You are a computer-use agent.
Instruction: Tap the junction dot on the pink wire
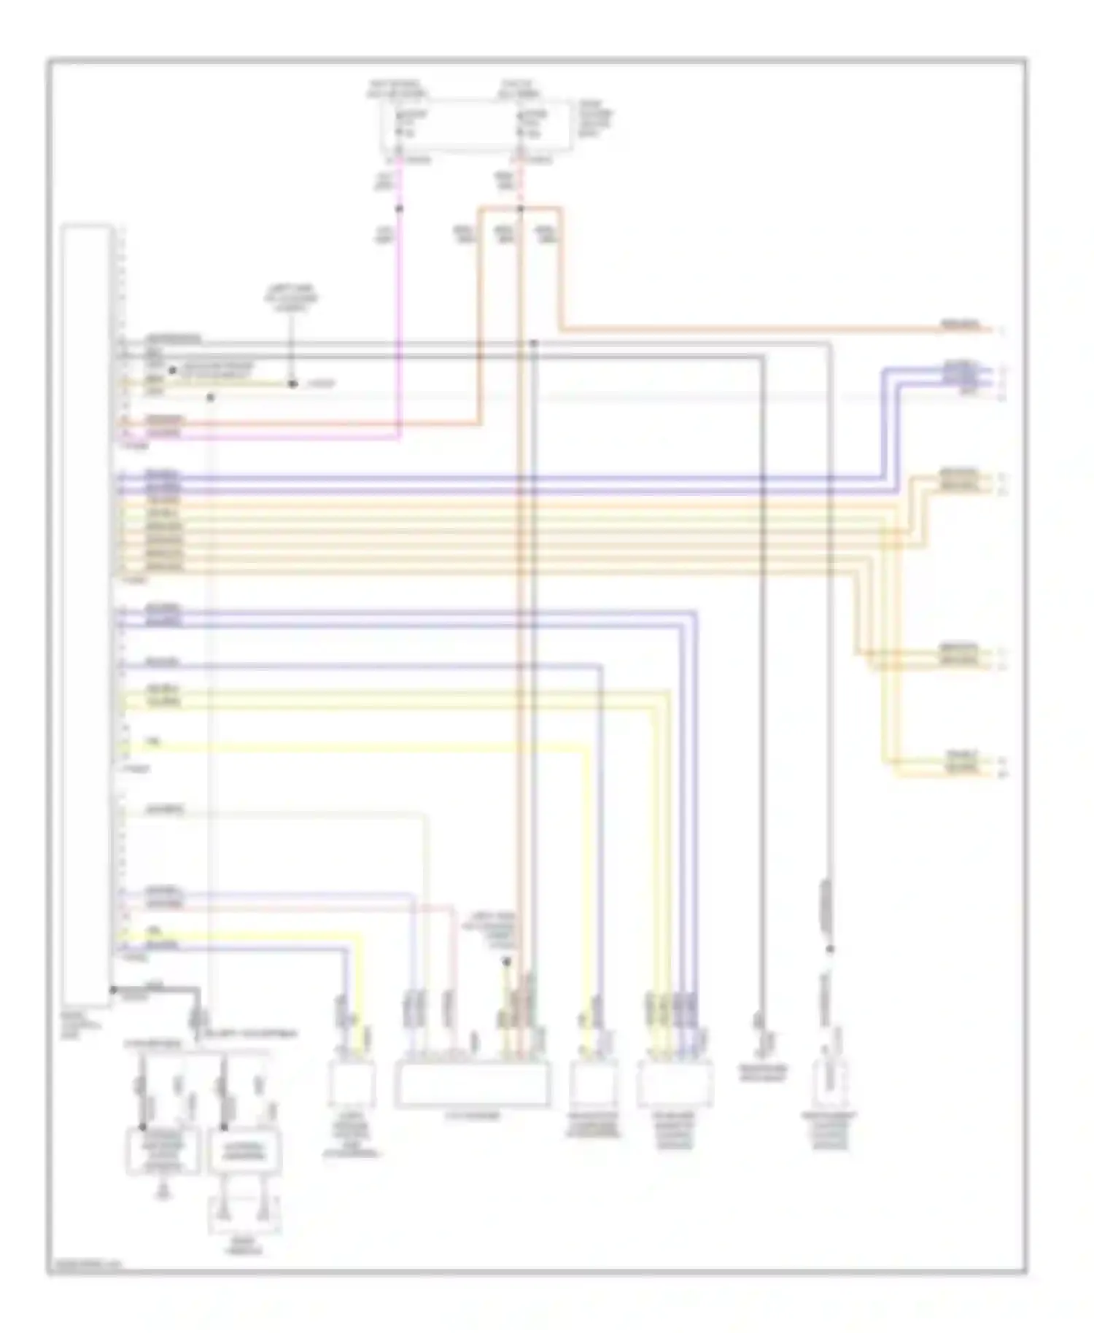(x=399, y=209)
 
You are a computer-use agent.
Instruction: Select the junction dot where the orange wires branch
(x=520, y=209)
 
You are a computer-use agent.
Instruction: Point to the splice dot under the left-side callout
(x=292, y=384)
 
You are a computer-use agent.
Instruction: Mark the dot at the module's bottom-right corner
(x=113, y=990)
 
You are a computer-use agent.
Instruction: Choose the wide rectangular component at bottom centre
(x=472, y=1085)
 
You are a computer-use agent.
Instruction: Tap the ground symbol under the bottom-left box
(x=164, y=1192)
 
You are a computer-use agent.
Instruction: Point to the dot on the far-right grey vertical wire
(x=829, y=949)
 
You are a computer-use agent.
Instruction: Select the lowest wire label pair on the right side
(x=962, y=762)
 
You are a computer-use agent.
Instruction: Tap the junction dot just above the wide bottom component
(x=505, y=962)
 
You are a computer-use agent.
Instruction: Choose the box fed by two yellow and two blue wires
(x=675, y=1084)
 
